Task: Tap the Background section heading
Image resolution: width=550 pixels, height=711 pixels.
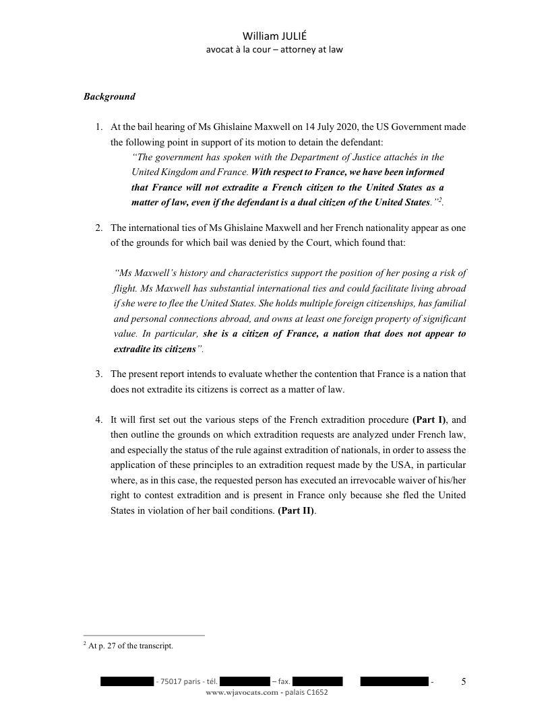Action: (x=109, y=96)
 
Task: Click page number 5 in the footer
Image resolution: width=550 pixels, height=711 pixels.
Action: (x=463, y=681)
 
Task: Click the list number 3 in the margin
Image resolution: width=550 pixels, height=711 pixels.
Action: (x=98, y=374)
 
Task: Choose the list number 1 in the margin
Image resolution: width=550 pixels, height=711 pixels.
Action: (x=98, y=127)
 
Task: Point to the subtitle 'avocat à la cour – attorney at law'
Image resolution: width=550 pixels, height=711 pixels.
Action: (x=274, y=49)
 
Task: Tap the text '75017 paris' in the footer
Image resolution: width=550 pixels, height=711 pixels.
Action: (x=180, y=682)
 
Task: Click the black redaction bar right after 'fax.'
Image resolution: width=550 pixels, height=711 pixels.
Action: (x=317, y=682)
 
